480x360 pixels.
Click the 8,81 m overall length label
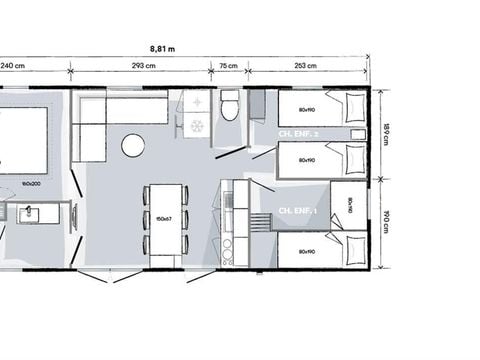tap(162, 47)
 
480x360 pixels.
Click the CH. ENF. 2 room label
tap(297, 134)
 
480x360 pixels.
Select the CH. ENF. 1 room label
tap(297, 211)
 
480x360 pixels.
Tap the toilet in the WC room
tap(229, 106)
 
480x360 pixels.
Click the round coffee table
tap(133, 146)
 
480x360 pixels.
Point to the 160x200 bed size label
tap(31, 183)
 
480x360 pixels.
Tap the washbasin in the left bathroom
tap(27, 213)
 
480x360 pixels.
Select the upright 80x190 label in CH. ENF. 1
tap(350, 206)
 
